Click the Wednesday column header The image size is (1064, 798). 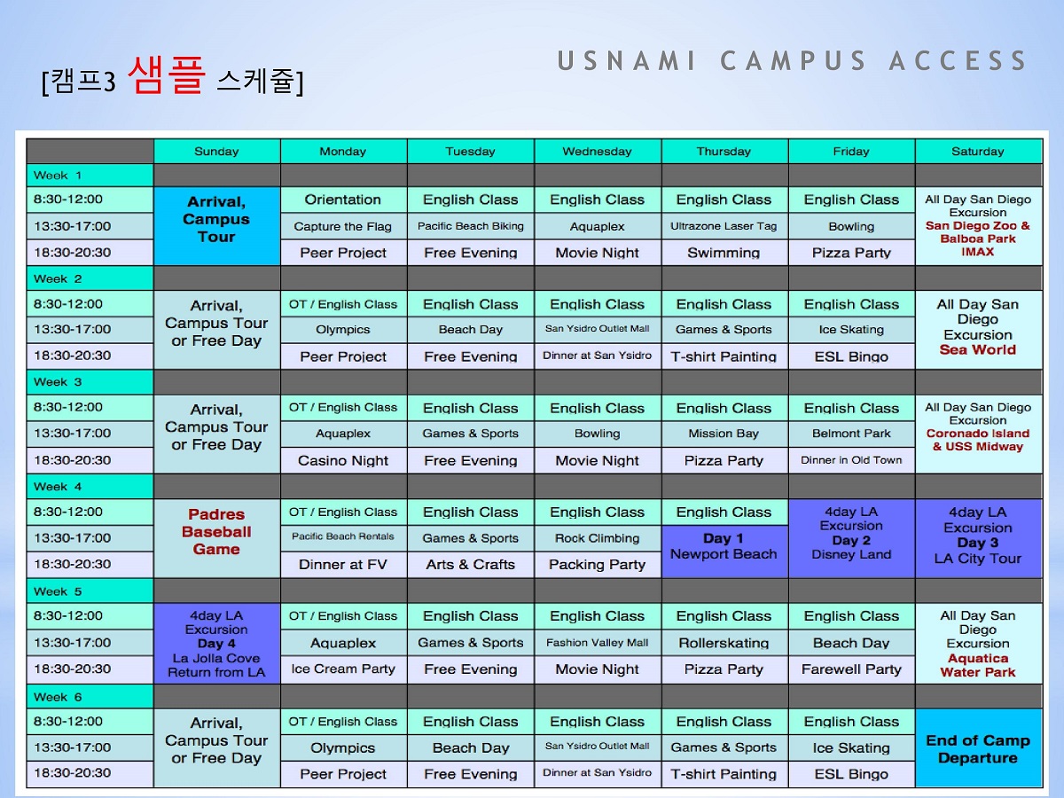pos(598,151)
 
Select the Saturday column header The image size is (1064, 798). pos(978,151)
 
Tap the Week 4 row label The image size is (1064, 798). pos(90,487)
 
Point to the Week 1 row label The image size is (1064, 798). pos(90,176)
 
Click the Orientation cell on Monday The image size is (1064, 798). pos(343,199)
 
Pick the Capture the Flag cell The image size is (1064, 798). pos(343,226)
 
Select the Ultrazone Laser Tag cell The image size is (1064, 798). pos(724,226)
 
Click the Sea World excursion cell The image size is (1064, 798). pos(978,330)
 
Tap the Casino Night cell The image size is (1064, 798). pos(343,460)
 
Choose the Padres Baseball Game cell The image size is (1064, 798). pos(216,538)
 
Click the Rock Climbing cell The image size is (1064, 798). pos(598,538)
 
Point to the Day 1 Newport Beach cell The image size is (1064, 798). pos(724,552)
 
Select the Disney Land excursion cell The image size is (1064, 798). pos(851,538)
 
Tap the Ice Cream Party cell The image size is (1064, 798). pos(343,669)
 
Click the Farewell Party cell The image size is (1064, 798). pos(851,669)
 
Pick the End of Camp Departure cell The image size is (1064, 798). pos(978,748)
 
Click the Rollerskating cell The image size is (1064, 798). pos(724,643)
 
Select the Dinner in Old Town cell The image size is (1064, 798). pos(851,460)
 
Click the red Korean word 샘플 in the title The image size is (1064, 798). pos(167,74)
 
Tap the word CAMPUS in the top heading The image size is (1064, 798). pos(793,60)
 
